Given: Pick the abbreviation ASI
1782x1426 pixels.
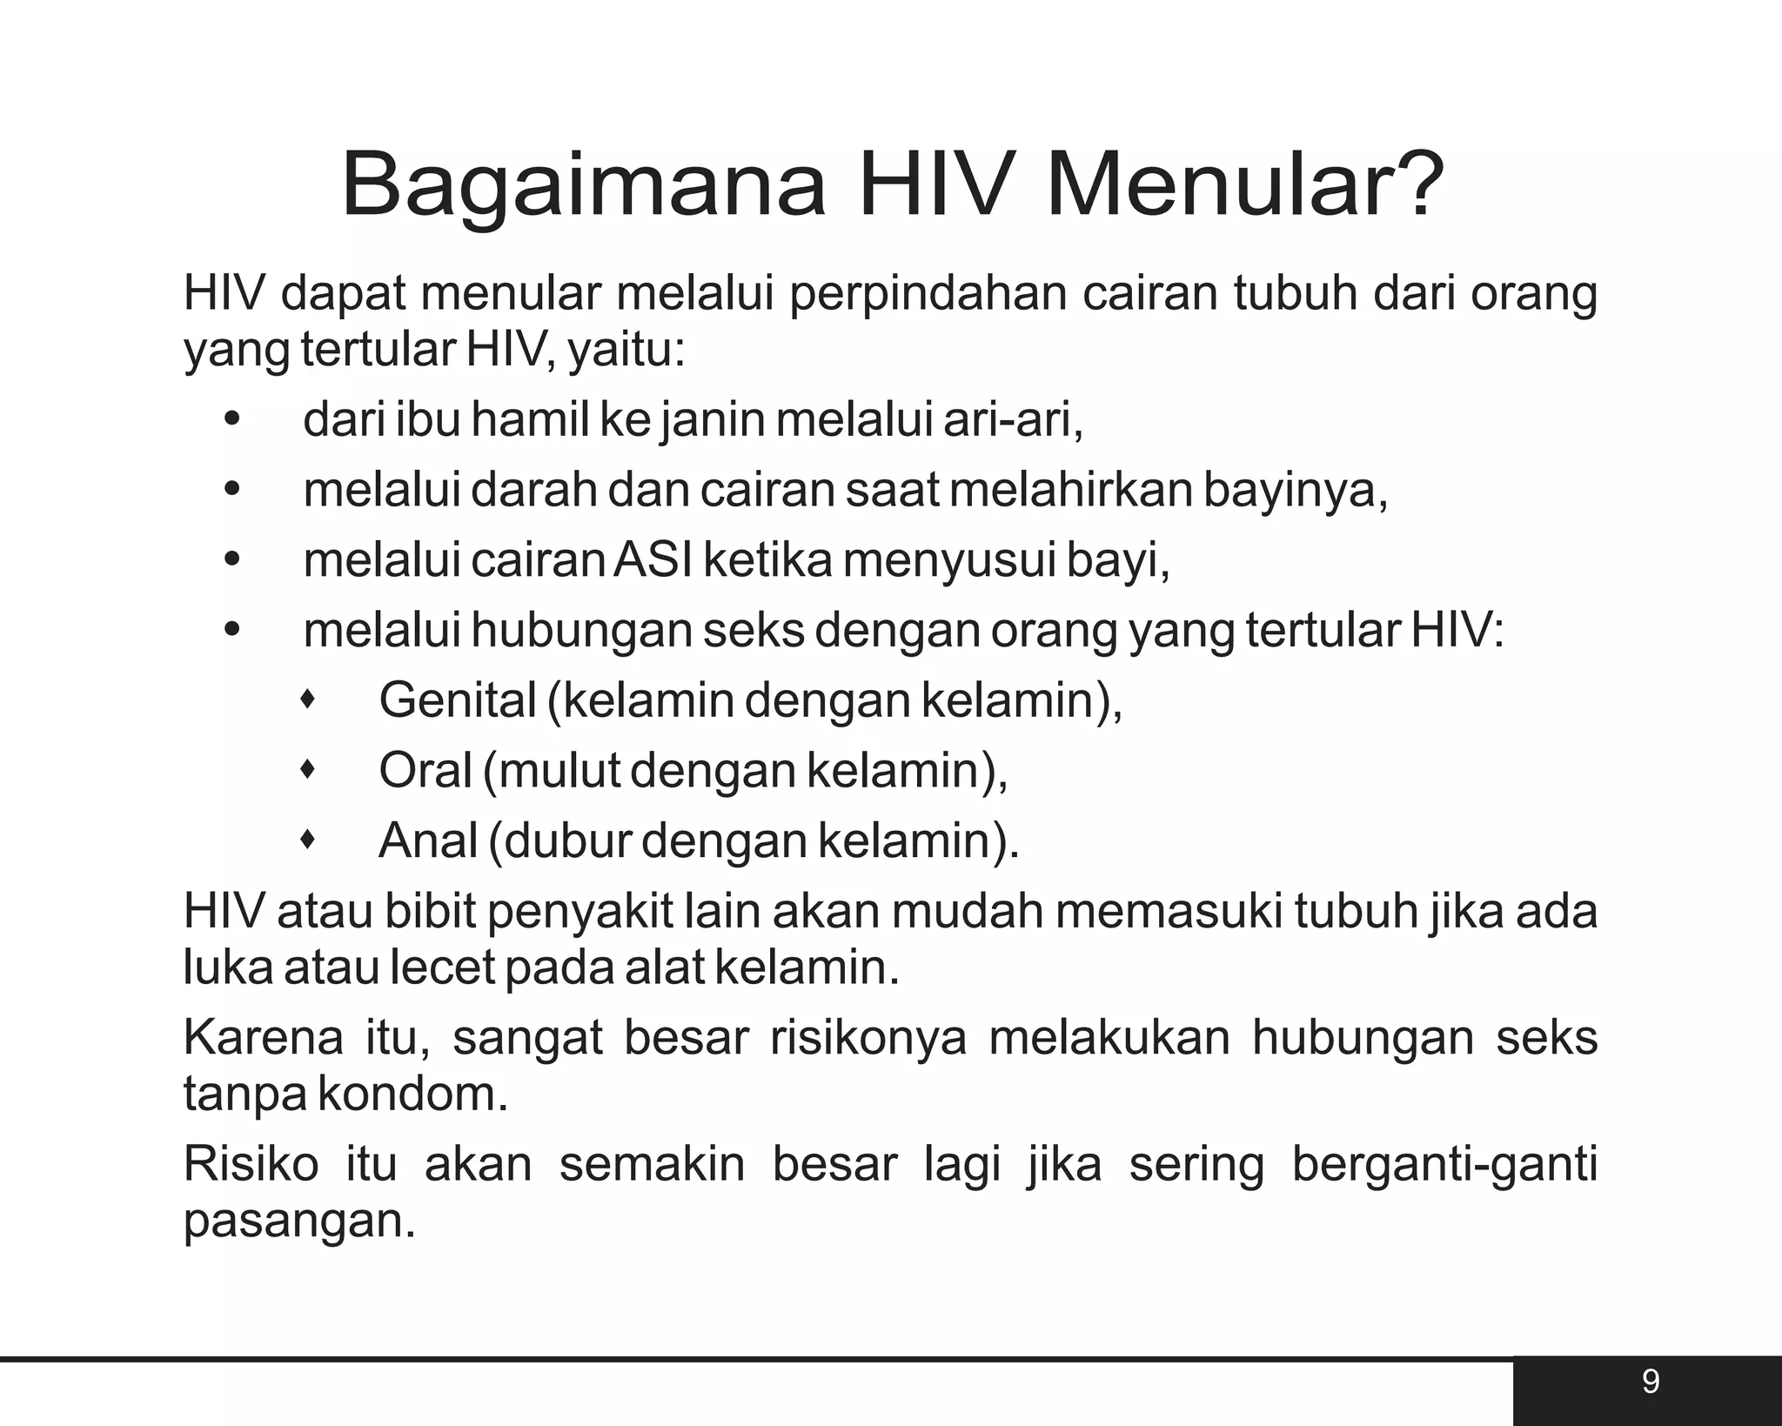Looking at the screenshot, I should coord(653,559).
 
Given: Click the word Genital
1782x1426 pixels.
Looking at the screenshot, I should coord(458,700).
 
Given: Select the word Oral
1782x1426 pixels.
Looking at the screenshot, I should coord(425,770).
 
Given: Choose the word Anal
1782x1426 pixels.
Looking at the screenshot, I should coord(428,840).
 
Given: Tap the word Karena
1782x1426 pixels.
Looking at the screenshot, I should coord(264,1038).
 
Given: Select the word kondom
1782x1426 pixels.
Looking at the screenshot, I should coord(412,1094).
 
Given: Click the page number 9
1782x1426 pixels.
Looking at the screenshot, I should coord(1651,1381).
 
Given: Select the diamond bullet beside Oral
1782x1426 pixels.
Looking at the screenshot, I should coord(306,769).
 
